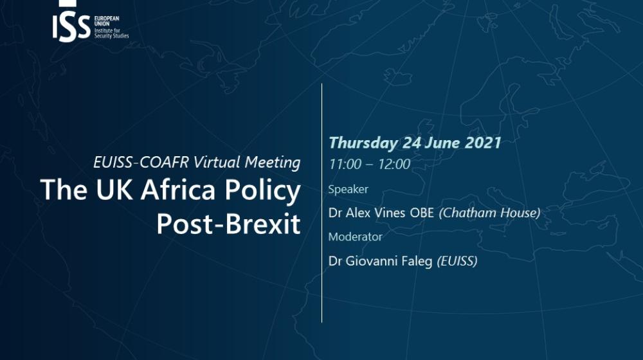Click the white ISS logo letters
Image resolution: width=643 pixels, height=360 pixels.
tap(71, 28)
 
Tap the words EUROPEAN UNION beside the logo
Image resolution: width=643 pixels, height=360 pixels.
tap(107, 21)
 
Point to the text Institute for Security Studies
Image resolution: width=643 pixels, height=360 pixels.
tap(111, 33)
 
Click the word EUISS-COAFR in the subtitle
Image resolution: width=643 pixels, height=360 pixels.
tap(141, 163)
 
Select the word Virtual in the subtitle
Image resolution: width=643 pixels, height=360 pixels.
tap(217, 163)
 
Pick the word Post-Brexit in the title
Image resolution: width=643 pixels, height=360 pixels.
tap(228, 224)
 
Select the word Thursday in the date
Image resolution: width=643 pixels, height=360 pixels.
tap(363, 143)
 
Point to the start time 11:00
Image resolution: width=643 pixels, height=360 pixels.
tap(345, 165)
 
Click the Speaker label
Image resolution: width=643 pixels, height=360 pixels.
tap(348, 190)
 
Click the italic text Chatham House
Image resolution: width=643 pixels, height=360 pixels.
tap(489, 213)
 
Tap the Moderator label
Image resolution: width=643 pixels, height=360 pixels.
tap(355, 237)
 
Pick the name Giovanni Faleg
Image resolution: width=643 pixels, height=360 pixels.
tap(389, 261)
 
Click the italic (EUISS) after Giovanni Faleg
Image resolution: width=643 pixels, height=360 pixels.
tap(457, 261)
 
